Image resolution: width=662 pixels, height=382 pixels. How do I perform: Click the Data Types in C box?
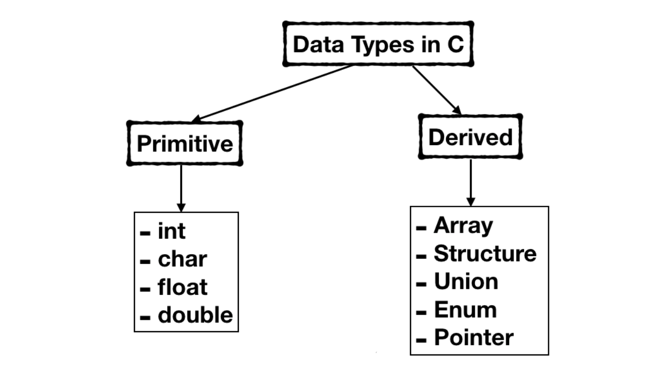click(378, 44)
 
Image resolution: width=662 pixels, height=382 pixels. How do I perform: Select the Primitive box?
click(184, 144)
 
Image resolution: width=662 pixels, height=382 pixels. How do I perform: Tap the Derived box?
click(470, 137)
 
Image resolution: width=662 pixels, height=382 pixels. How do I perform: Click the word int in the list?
click(172, 231)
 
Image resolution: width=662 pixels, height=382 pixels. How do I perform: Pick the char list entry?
click(182, 259)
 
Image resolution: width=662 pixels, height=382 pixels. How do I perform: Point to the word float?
click(182, 287)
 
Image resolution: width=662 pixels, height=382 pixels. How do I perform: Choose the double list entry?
click(195, 315)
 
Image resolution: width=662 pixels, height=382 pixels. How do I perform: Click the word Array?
click(463, 226)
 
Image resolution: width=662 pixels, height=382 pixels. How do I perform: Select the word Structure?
click(485, 254)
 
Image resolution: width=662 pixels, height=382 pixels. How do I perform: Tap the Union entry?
click(465, 282)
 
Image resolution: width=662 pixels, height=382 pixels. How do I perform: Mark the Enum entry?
click(465, 310)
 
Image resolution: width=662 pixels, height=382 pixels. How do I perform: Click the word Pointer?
click(474, 338)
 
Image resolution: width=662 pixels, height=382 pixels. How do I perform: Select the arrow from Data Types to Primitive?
click(272, 93)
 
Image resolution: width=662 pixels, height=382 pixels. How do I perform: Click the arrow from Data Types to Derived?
click(436, 90)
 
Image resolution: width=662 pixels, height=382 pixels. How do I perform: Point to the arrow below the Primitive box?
click(181, 188)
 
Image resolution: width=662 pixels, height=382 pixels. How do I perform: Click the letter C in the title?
click(456, 45)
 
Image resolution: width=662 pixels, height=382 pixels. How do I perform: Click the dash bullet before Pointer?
click(421, 339)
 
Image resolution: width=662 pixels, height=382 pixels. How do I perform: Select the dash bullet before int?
click(145, 233)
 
